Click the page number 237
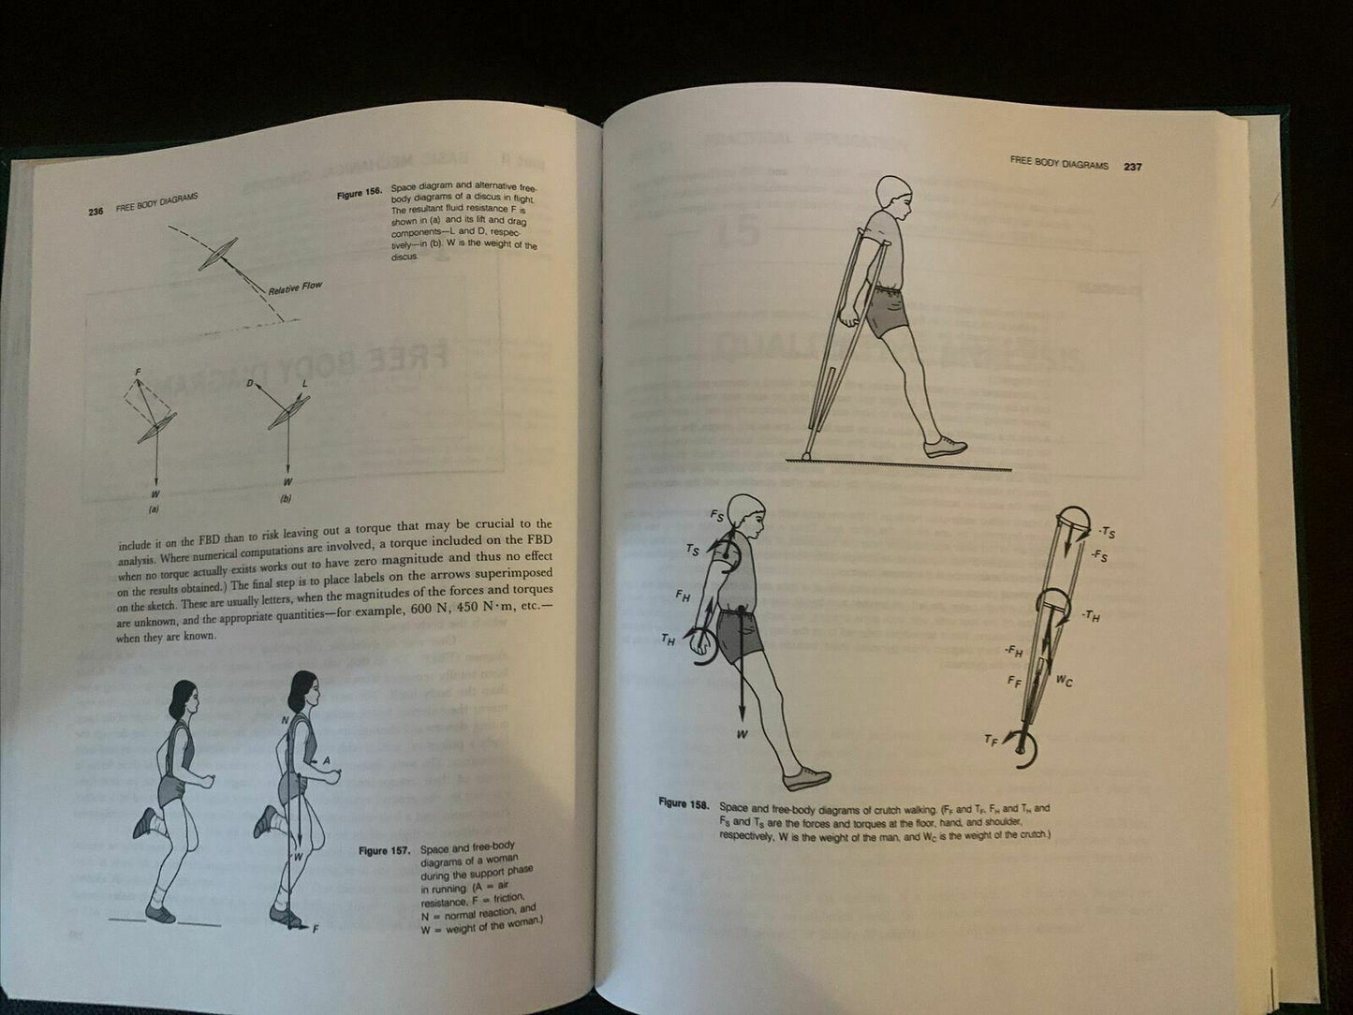[1133, 166]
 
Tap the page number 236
[95, 212]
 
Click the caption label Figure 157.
[386, 851]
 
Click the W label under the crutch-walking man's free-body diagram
[742, 735]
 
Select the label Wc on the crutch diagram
[1064, 682]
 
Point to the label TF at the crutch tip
[991, 740]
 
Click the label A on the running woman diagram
[326, 761]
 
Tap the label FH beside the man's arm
[684, 596]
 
